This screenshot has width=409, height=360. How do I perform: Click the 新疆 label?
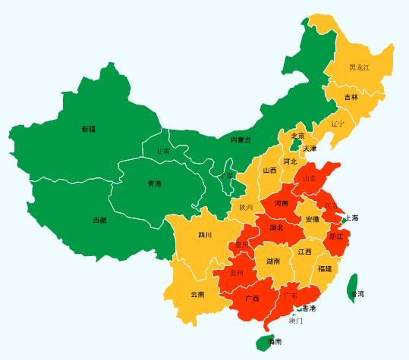coord(89,129)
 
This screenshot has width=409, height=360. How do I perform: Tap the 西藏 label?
coord(100,221)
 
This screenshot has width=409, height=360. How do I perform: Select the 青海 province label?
coord(154,183)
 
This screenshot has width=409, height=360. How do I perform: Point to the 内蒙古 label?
coord(241,140)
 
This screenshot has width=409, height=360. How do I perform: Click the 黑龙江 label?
coord(360,67)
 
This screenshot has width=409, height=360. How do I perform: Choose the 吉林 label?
coord(351,98)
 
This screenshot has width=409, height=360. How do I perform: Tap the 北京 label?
coord(297,136)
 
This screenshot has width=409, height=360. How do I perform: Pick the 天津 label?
coord(310,149)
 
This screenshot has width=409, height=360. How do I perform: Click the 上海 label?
coord(351,218)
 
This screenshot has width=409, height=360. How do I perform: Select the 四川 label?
coord(205,235)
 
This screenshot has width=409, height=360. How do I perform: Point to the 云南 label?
coord(197,294)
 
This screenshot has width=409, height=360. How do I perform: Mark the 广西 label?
coord(252,299)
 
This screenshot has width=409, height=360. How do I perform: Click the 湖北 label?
coord(276,227)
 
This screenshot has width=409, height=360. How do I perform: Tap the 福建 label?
coord(325,269)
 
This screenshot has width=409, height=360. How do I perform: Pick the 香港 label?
coord(309,308)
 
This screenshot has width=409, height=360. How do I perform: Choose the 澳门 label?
coord(296,321)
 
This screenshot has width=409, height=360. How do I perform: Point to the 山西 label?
coord(270,171)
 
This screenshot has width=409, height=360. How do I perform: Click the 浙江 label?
coord(336,236)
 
